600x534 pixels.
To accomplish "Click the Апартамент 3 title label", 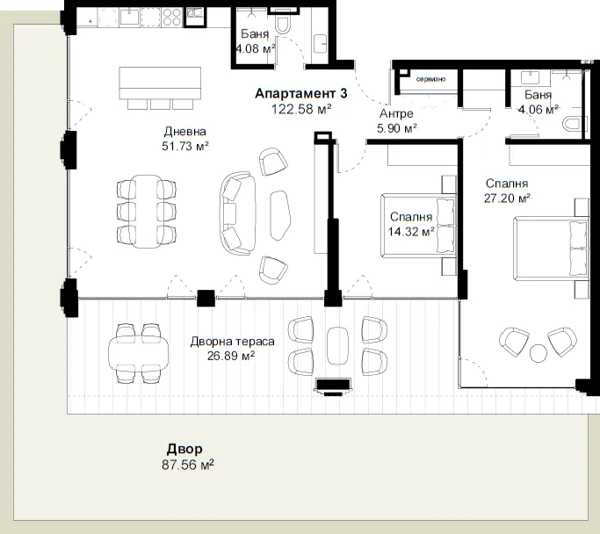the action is click(x=301, y=93).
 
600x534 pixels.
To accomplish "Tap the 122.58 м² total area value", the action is click(x=301, y=110).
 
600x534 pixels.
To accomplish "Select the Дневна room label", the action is click(x=185, y=132).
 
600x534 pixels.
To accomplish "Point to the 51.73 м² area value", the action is click(x=185, y=146).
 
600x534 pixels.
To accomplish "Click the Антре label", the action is click(x=396, y=113).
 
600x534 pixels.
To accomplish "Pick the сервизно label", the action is click(x=430, y=79).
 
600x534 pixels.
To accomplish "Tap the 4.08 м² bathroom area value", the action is click(x=256, y=49).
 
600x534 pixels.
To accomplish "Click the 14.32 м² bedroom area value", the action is click(x=411, y=231).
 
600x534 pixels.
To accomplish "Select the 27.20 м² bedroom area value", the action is click(x=507, y=198).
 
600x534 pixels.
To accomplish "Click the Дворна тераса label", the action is click(x=232, y=341).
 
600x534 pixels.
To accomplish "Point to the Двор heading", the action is click(x=184, y=449).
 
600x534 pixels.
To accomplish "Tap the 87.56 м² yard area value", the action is click(x=187, y=465).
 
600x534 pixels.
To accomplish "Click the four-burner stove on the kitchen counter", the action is click(x=172, y=18).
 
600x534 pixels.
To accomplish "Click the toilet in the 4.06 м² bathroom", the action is click(x=575, y=125).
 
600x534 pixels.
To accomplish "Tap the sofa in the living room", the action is click(x=237, y=213).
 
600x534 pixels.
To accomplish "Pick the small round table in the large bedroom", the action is click(x=539, y=353).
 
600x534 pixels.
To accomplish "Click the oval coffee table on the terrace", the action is click(x=338, y=346).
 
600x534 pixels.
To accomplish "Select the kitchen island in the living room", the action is click(x=160, y=83).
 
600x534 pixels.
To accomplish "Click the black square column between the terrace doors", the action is click(x=206, y=299).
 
